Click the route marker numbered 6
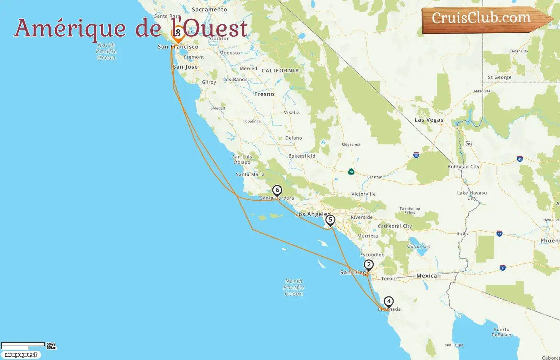(x=277, y=190)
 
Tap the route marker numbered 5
(x=330, y=220)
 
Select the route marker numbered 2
(x=368, y=265)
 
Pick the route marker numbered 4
(x=388, y=301)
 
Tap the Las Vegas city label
(x=429, y=120)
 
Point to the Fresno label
(x=264, y=94)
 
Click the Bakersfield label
(x=302, y=156)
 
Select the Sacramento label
(x=209, y=9)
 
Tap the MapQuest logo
(x=21, y=355)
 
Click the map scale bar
(x=23, y=346)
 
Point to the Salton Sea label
(x=418, y=246)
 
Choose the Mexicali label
(x=428, y=276)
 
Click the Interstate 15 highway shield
(x=416, y=155)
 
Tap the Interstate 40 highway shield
(x=520, y=159)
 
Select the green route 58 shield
(x=351, y=172)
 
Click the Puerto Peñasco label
(x=502, y=332)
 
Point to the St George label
(x=500, y=77)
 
